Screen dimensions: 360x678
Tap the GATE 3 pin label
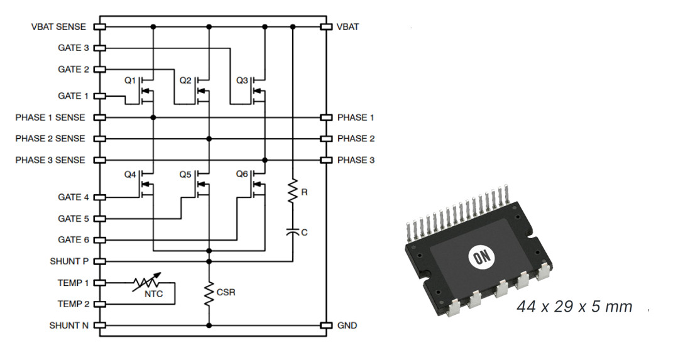click(74, 48)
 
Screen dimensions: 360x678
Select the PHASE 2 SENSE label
click(50, 139)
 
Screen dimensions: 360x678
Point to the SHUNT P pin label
click(69, 261)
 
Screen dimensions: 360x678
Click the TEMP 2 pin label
click(73, 304)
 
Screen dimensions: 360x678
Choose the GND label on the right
click(347, 325)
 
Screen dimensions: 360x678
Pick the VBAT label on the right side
click(348, 27)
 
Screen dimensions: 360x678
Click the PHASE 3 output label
click(356, 160)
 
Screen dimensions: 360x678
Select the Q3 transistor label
click(242, 81)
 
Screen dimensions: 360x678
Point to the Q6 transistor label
click(243, 173)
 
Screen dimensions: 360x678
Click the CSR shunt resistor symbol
click(209, 293)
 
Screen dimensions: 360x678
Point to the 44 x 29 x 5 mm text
click(574, 307)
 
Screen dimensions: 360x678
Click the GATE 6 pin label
click(74, 240)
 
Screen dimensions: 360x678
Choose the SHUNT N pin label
click(69, 325)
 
